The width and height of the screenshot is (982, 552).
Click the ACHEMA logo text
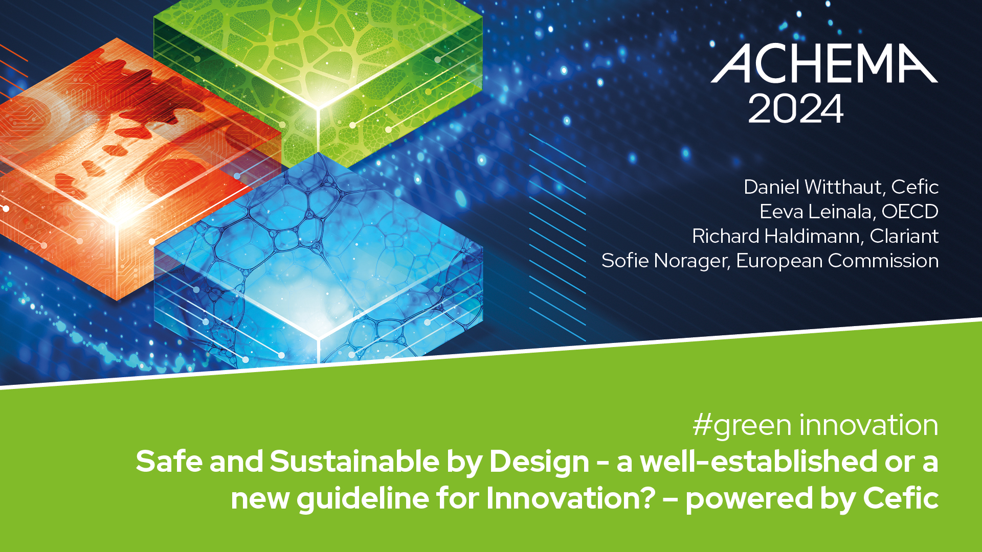824,63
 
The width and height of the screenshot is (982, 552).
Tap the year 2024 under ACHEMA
795,108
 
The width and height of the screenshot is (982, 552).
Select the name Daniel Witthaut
814,187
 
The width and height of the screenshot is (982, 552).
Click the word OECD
910,212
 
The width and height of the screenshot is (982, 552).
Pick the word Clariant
904,236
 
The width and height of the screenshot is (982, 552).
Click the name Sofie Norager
664,261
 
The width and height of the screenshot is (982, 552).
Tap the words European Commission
837,261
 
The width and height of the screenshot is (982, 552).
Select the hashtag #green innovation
816,425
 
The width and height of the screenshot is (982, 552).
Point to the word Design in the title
540,462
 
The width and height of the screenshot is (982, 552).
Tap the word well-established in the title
759,461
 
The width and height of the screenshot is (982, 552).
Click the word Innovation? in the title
571,498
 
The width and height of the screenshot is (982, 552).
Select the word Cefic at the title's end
901,498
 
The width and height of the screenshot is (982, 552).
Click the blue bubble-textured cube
318,261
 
